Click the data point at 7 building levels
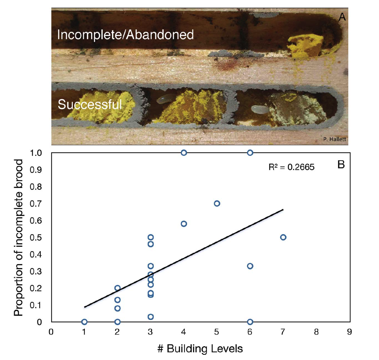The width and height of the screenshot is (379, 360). tap(283, 237)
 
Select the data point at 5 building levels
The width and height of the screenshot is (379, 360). tap(217, 204)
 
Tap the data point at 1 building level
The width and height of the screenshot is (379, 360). tap(84, 322)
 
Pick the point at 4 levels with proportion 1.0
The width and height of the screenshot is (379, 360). tap(184, 153)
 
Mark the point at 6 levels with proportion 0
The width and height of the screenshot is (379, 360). tap(250, 322)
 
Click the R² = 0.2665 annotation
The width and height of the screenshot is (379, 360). tap(291, 167)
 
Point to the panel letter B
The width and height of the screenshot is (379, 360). tap(341, 165)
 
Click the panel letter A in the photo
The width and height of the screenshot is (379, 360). tap(342, 17)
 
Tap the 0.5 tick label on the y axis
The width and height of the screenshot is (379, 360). tap(36, 238)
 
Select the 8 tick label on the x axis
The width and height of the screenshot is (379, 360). tap(316, 332)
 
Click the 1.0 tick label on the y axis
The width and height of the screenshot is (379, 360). tap(36, 153)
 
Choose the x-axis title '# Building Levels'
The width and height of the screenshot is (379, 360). tap(200, 349)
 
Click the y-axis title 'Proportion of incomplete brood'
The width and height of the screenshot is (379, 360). tap(18, 237)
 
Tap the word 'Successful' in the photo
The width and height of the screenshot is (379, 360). tap(90, 105)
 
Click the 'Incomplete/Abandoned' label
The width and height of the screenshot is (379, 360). tap(125, 35)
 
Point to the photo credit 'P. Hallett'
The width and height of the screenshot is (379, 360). tap(334, 139)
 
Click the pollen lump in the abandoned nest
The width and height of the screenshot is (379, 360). tap(305, 46)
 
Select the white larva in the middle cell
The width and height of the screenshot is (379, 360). tap(165, 99)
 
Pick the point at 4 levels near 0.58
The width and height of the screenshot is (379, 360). tap(184, 224)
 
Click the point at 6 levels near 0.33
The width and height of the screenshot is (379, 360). tap(250, 266)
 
